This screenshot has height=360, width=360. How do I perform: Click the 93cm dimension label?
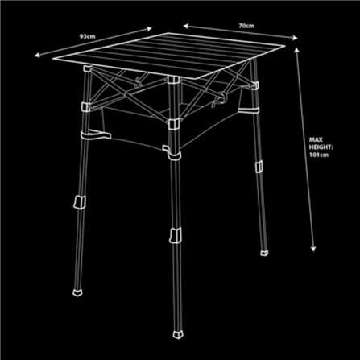(x=88, y=36)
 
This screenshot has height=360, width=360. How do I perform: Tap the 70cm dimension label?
(x=246, y=26)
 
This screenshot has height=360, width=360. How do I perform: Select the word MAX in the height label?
(x=316, y=139)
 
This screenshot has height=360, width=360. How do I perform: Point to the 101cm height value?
(x=319, y=155)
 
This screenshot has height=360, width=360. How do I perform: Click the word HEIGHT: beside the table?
(x=321, y=147)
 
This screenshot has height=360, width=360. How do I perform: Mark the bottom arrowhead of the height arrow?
(x=313, y=249)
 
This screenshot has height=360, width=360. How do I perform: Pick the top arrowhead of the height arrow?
(x=296, y=50)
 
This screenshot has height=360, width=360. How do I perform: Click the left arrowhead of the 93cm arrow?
(x=38, y=55)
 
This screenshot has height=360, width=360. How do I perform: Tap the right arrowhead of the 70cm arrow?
(x=295, y=38)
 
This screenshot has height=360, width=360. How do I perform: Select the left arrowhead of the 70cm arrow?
(x=186, y=26)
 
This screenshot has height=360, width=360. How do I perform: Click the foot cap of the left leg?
(x=77, y=292)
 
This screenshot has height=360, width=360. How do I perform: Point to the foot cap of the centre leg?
(x=178, y=334)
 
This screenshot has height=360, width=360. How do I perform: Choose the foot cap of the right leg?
(x=264, y=253)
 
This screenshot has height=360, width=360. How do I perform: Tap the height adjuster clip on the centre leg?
(x=176, y=235)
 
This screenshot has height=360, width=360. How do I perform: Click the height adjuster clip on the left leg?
(x=80, y=202)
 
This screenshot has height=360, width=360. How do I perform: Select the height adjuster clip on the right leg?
(x=259, y=167)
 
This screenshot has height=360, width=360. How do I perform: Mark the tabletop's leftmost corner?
(x=52, y=58)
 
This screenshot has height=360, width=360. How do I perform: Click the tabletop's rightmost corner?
(x=285, y=46)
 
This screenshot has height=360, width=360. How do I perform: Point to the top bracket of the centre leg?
(x=172, y=81)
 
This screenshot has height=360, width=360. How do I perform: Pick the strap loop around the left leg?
(x=95, y=135)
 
